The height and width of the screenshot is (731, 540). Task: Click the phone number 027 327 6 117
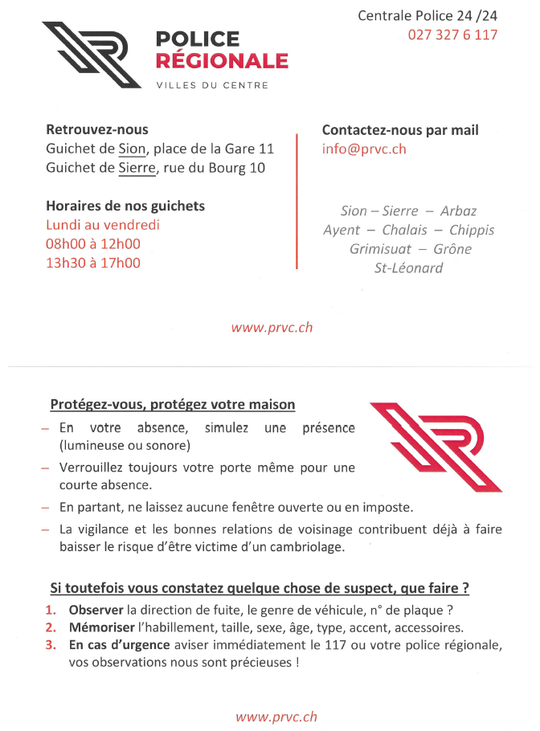tap(452, 35)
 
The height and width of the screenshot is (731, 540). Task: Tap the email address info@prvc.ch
tap(364, 149)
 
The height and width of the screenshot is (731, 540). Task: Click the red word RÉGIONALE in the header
tap(222, 61)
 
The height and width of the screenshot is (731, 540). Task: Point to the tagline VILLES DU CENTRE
tap(212, 85)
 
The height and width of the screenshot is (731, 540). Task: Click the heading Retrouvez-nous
tap(97, 129)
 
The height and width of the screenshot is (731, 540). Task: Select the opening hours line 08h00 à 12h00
tap(93, 244)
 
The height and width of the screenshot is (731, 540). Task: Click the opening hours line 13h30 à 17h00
tap(93, 263)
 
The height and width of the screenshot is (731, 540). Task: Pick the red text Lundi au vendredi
tap(103, 225)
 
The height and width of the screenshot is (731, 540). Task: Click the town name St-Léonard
tap(408, 268)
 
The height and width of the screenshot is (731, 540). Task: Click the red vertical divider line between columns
tap(297, 201)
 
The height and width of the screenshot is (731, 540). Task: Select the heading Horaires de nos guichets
tap(125, 206)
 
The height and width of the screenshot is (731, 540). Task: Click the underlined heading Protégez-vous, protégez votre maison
tap(173, 405)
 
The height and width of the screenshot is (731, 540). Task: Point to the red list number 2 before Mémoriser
tap(51, 628)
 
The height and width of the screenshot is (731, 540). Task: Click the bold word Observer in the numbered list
tap(96, 611)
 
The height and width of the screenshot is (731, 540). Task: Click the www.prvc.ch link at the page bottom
tap(276, 717)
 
